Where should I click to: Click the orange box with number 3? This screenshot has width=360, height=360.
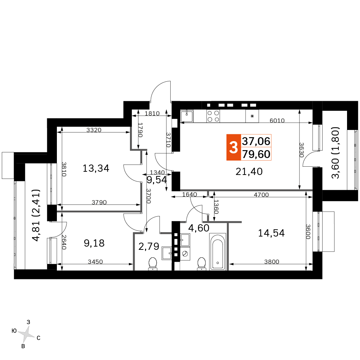tap(234, 147)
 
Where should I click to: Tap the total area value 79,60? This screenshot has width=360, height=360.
tap(256, 154)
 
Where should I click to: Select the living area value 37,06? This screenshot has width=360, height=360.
tap(256, 141)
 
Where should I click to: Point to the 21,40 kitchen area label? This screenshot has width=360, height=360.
tap(249, 171)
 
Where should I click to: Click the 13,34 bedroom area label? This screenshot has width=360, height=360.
tap(96, 168)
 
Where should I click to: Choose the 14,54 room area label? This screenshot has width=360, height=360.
tap(271, 233)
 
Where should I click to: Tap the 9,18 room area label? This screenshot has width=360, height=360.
tap(94, 243)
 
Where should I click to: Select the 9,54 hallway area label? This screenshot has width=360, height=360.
tap(157, 180)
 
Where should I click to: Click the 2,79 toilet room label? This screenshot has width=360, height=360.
tap(149, 246)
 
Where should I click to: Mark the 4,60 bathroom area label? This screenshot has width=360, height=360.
tap(199, 228)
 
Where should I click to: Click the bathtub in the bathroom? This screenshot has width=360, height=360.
tap(218, 252)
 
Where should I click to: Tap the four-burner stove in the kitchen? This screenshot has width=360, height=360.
tap(213, 116)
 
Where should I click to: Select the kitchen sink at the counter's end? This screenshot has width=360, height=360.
tap(186, 116)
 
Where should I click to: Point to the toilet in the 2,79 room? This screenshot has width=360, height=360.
tap(152, 264)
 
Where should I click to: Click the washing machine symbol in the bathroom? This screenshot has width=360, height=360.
tap(185, 254)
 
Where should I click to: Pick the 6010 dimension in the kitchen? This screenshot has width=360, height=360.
tap(277, 120)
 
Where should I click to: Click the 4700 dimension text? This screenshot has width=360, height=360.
tap(261, 195)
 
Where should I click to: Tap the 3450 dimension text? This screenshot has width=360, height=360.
tap(95, 261)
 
